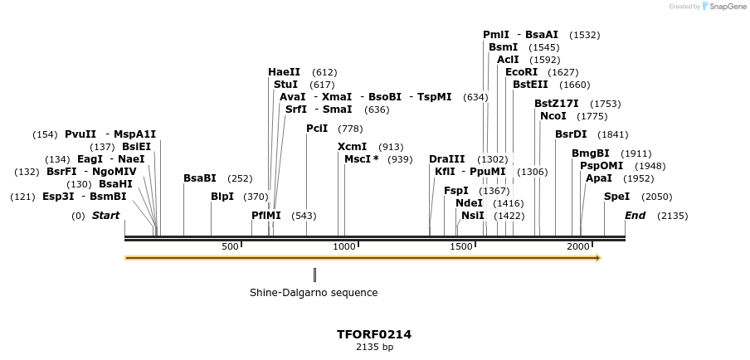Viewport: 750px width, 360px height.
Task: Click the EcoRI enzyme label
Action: tap(521, 72)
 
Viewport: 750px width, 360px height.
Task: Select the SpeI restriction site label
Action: tap(616, 197)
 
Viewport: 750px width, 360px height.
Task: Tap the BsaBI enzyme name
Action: tap(199, 178)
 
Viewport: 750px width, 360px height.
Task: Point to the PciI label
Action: tap(317, 129)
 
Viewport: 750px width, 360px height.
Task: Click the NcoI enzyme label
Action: tap(553, 116)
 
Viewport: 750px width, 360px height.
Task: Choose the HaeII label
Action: tap(284, 72)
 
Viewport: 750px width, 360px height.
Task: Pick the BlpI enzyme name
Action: tap(222, 197)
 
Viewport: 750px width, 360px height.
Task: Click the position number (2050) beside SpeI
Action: tap(657, 197)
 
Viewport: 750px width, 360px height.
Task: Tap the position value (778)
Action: tap(350, 129)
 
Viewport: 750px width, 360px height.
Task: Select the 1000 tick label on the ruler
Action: tap(344, 246)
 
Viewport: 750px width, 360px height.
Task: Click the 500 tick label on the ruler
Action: tap(230, 246)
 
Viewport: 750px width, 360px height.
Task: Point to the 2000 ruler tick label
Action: tap(577, 246)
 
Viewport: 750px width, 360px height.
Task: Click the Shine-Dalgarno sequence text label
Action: tap(314, 293)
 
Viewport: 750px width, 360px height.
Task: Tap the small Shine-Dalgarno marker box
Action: tap(314, 275)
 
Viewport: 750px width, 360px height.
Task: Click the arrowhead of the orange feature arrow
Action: tap(597, 258)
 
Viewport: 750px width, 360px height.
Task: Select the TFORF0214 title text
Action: tap(374, 335)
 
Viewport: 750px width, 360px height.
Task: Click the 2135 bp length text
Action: tap(374, 348)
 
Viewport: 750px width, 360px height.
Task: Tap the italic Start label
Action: tap(105, 216)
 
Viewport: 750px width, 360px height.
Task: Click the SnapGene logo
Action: tap(723, 7)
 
